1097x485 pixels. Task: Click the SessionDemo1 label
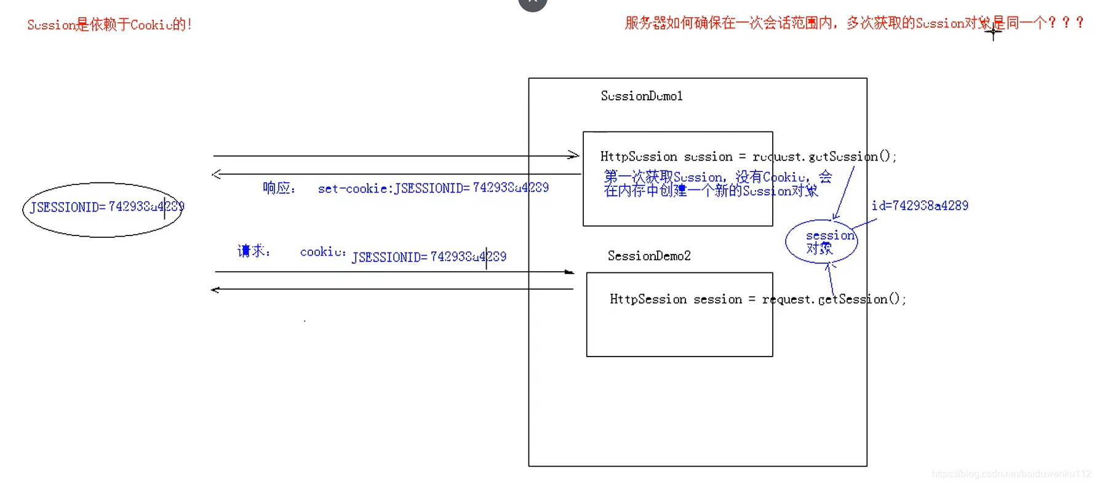coord(642,96)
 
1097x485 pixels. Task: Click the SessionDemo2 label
coord(649,256)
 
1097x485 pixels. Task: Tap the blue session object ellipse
coord(821,242)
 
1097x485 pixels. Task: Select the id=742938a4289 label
coord(920,206)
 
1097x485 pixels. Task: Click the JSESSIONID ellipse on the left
coord(103,209)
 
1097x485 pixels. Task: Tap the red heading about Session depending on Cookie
coord(110,25)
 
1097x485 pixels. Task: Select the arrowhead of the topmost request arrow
coord(574,156)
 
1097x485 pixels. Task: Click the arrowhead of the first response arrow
coord(216,174)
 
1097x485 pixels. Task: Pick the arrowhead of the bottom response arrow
coord(215,290)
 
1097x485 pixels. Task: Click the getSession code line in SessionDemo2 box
coord(757,299)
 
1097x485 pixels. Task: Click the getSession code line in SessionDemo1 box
coord(748,157)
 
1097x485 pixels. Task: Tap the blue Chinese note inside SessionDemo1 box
coord(717,184)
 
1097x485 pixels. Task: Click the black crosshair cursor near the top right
coord(993,31)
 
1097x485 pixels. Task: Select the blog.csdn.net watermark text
coord(1011,474)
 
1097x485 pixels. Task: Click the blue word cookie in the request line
coord(322,252)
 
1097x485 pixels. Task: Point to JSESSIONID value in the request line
coord(429,257)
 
